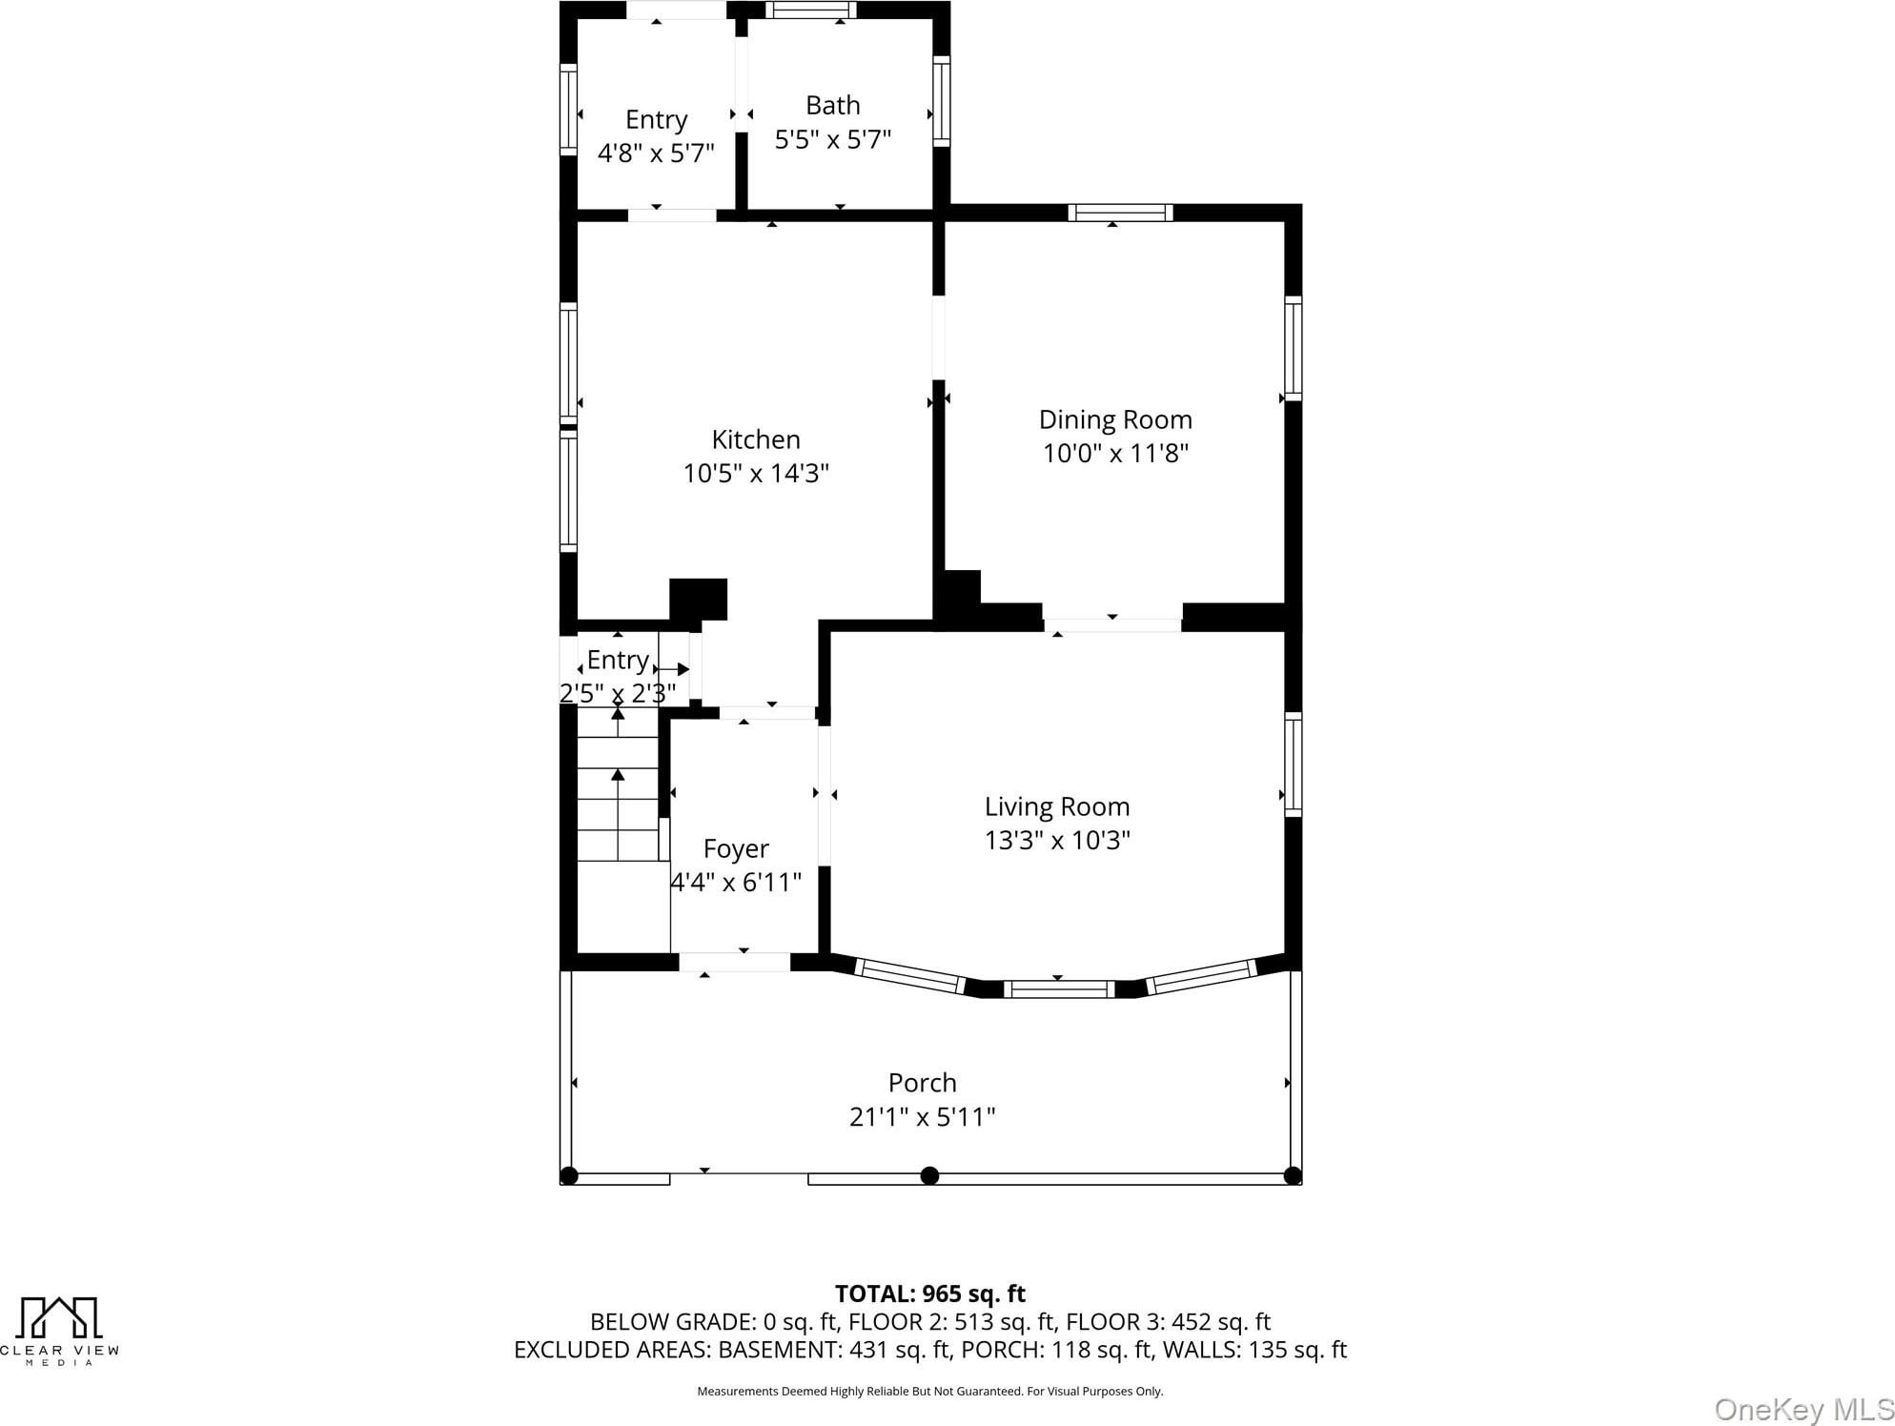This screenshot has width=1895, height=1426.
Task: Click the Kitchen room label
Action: coord(756,439)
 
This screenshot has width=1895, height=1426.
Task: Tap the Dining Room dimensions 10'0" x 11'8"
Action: coord(1115,453)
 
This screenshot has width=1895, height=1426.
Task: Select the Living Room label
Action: coord(1057,806)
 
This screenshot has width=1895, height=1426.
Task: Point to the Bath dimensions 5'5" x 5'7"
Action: coord(832,139)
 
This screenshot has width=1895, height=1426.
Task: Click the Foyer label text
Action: coord(736,848)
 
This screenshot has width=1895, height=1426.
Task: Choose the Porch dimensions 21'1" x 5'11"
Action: coord(922,1116)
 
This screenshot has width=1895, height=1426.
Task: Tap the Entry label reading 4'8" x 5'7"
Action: coord(656,153)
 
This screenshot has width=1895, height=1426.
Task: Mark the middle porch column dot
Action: coord(929,1175)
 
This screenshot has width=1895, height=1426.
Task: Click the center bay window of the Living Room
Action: coord(1058,988)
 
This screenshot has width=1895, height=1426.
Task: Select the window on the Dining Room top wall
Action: coord(1120,213)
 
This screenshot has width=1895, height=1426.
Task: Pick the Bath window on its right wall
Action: coord(941,100)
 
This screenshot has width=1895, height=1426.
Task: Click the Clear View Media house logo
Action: coord(60,1317)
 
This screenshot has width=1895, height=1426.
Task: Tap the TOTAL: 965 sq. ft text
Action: coord(929,1294)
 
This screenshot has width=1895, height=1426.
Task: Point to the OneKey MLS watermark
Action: coord(1803,1409)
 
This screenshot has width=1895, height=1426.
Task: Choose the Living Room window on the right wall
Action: coord(1294,764)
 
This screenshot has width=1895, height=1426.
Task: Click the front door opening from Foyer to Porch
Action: coord(735,962)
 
